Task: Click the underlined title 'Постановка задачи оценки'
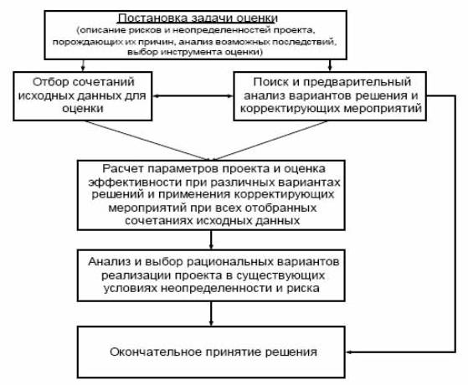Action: tap(198, 18)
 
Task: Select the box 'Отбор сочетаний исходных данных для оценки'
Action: tap(83, 96)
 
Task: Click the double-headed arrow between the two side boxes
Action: tap(193, 96)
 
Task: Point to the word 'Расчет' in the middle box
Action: tap(123, 168)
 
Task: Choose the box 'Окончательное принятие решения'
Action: tap(211, 352)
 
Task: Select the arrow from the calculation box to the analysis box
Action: tap(211, 240)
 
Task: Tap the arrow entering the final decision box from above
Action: tap(211, 314)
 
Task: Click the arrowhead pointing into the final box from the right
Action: tap(348, 352)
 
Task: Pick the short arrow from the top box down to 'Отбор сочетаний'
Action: tap(83, 65)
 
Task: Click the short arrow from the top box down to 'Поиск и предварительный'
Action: tap(330, 65)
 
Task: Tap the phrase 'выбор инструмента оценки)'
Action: tap(196, 52)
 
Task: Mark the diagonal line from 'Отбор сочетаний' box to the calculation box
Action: tap(147, 141)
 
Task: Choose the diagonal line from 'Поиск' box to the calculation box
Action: tap(270, 141)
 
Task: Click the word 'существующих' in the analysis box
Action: tap(280, 275)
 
